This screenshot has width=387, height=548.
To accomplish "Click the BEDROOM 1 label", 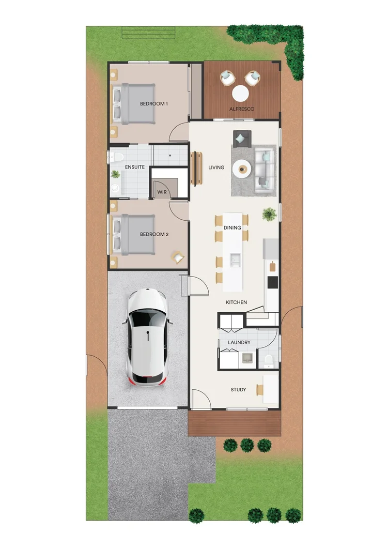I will pos(154,104).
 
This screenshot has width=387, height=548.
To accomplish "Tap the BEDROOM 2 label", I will pos(154,234).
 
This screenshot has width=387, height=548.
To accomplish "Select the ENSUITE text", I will pos(135,167).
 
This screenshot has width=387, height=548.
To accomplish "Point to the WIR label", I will pos(162,192).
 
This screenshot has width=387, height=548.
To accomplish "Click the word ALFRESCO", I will pos(242,109).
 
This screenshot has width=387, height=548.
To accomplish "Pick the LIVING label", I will pos(216,168).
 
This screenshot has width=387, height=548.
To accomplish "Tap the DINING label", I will pos(232,227).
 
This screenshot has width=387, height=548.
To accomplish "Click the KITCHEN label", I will pos(236,302).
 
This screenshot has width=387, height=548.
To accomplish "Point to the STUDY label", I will pos(238,390).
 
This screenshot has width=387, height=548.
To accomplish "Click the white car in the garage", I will pos(148,337).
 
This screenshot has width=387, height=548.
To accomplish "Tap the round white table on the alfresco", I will pos(240,94).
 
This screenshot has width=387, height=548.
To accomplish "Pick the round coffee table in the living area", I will pos(241,168).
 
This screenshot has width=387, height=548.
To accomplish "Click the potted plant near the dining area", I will pos(269,214).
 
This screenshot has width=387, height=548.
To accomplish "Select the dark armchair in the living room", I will pos(241,138).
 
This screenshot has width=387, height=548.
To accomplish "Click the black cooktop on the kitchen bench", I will pos(272,282).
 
